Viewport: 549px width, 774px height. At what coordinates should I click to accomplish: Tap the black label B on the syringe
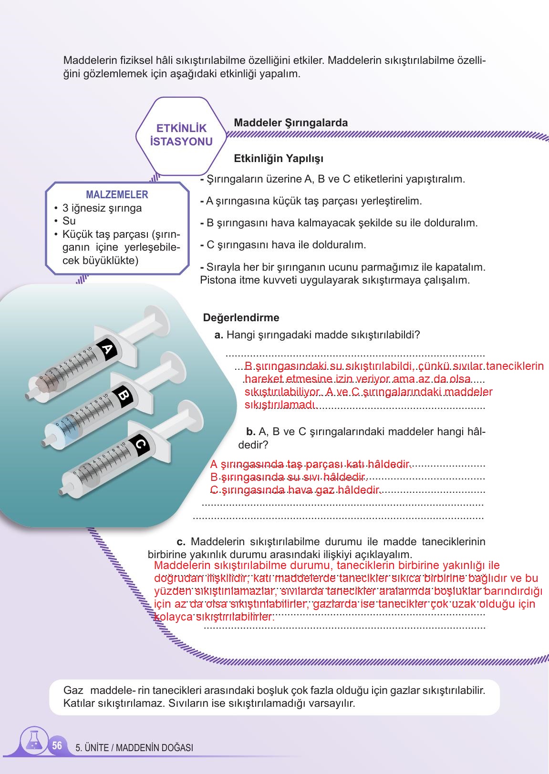123,397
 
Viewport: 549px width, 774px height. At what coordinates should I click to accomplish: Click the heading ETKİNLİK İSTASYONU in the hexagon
181,135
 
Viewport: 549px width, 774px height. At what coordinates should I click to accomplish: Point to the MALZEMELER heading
117,194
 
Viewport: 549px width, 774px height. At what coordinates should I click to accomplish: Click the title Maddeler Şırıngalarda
290,122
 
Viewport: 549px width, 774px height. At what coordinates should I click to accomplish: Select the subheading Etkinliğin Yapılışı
279,158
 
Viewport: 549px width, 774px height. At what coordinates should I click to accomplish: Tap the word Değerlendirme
241,317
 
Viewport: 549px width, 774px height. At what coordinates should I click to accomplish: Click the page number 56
57,745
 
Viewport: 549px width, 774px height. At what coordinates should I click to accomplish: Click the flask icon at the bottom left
33,742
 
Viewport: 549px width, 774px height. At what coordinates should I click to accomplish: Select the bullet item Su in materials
69,221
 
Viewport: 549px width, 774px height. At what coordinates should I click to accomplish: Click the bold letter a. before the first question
219,335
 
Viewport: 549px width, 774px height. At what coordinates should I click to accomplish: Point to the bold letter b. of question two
250,432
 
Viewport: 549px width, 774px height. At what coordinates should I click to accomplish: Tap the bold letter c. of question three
181,542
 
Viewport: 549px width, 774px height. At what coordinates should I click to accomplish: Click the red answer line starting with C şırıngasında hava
296,490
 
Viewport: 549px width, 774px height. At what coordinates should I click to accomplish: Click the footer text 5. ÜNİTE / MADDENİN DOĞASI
134,748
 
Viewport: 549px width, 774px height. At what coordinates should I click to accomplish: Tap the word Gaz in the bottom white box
73,690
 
